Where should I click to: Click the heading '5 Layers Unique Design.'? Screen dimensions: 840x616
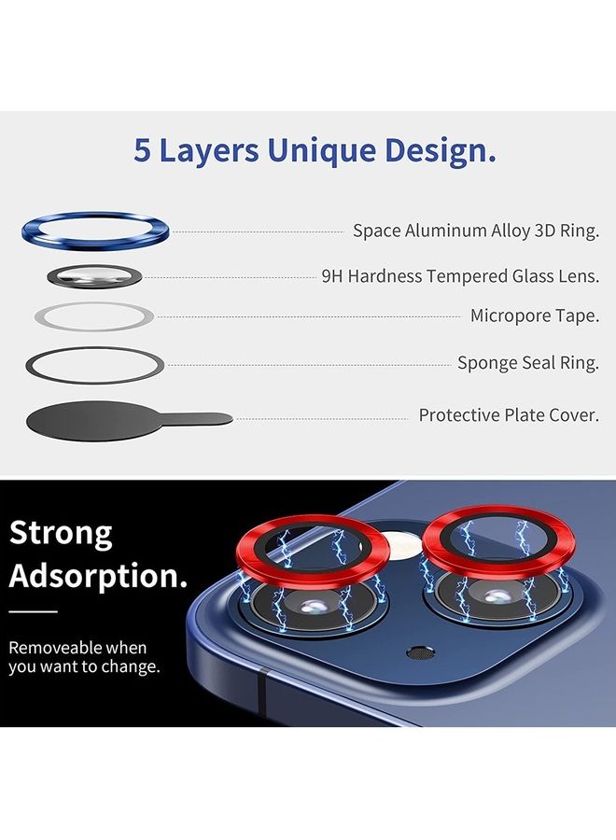(315, 150)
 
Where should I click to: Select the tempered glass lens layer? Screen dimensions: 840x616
(94, 276)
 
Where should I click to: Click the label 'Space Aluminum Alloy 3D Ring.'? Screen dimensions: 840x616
(475, 231)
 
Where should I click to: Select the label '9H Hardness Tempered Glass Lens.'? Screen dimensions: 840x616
(460, 276)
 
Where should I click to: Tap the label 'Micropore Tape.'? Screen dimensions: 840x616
(534, 315)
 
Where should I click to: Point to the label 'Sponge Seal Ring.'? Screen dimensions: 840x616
(527, 363)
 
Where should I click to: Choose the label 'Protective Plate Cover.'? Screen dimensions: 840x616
(508, 414)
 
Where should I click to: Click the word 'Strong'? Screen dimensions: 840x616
(61, 533)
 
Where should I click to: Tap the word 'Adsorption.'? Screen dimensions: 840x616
(98, 575)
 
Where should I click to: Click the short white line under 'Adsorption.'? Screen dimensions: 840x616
(34, 612)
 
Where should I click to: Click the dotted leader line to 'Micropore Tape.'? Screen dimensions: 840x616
(308, 316)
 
